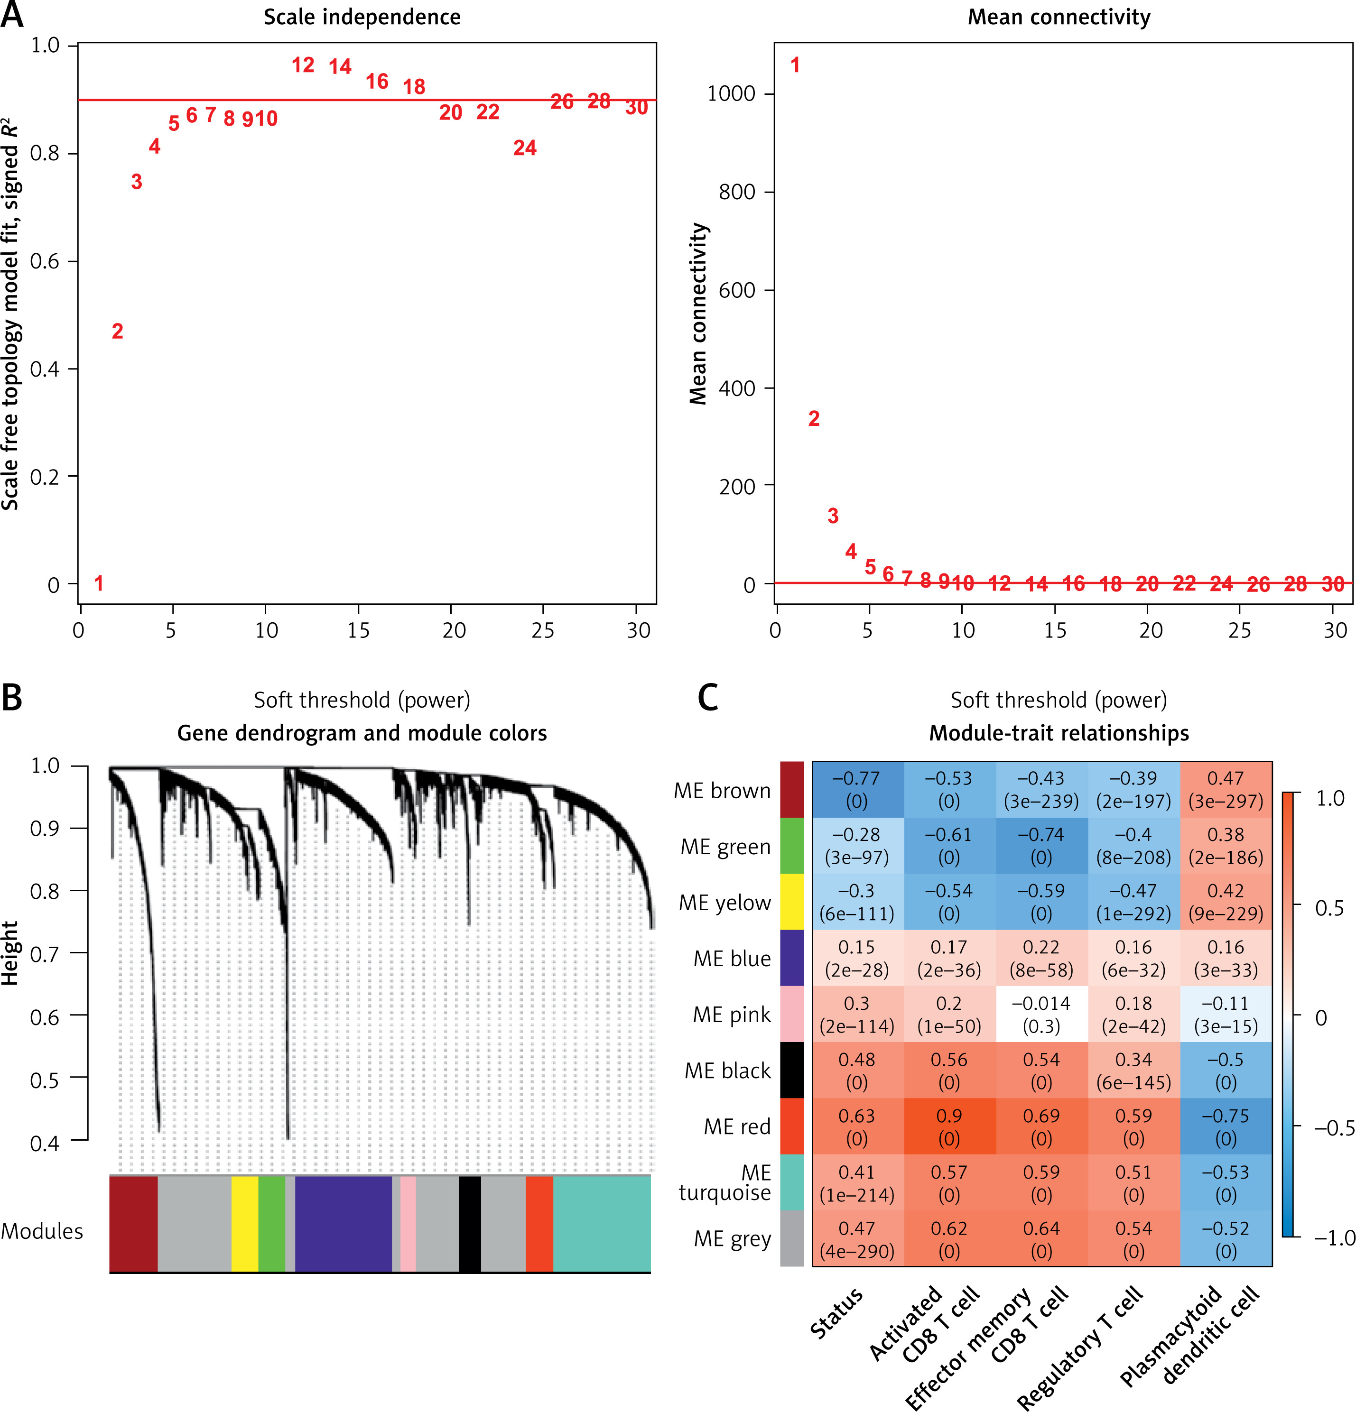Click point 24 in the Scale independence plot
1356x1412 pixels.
[525, 148]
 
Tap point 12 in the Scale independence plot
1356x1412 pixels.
[303, 65]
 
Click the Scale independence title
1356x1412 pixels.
[362, 17]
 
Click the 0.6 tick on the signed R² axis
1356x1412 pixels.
[45, 261]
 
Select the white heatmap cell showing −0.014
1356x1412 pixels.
[1041, 1015]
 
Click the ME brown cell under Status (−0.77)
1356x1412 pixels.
[857, 790]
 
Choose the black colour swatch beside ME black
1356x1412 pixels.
[792, 1071]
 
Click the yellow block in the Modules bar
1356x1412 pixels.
[244, 1223]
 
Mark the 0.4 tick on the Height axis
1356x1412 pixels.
[45, 1143]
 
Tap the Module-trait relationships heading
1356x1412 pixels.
[1059, 733]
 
